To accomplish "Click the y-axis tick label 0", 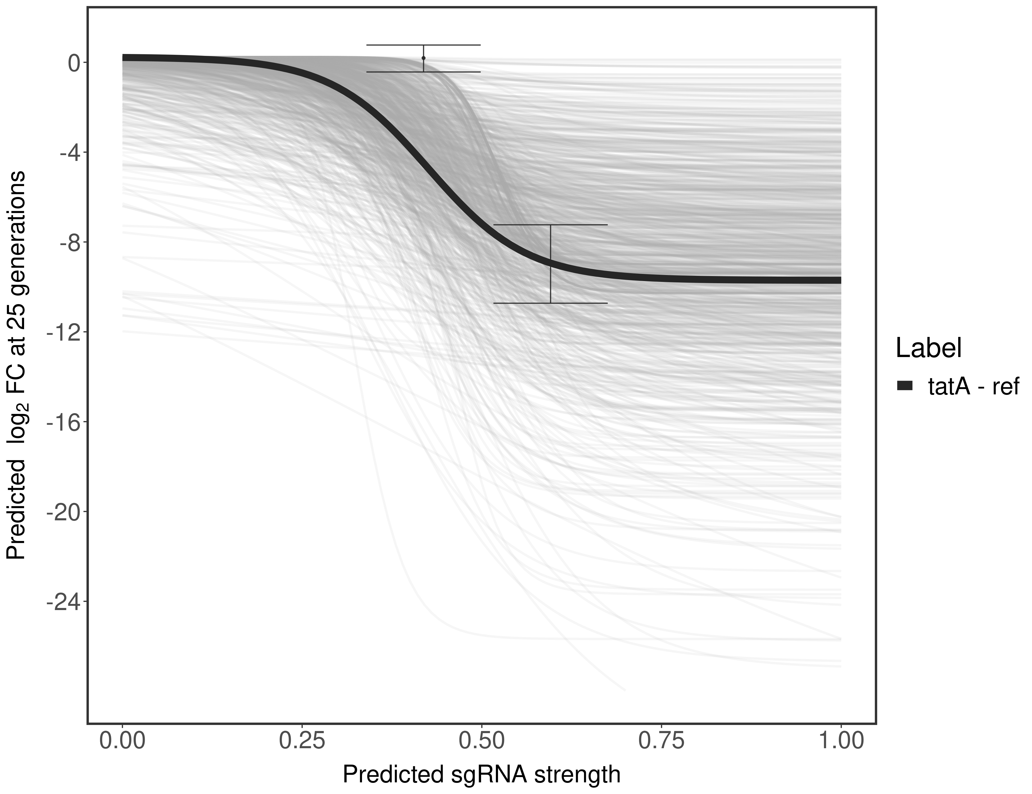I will [x=74, y=63].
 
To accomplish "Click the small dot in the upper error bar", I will [x=423, y=58].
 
